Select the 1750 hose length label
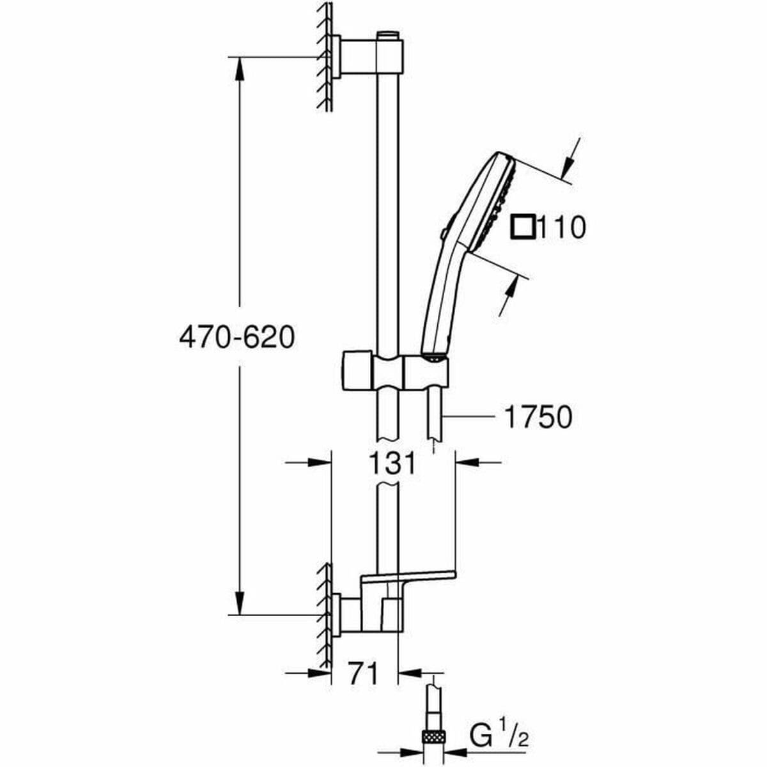pos(538,417)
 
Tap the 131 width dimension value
pos(392,462)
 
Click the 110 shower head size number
pos(561,228)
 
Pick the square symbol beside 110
pos(524,228)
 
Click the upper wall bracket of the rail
pos(371,58)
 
